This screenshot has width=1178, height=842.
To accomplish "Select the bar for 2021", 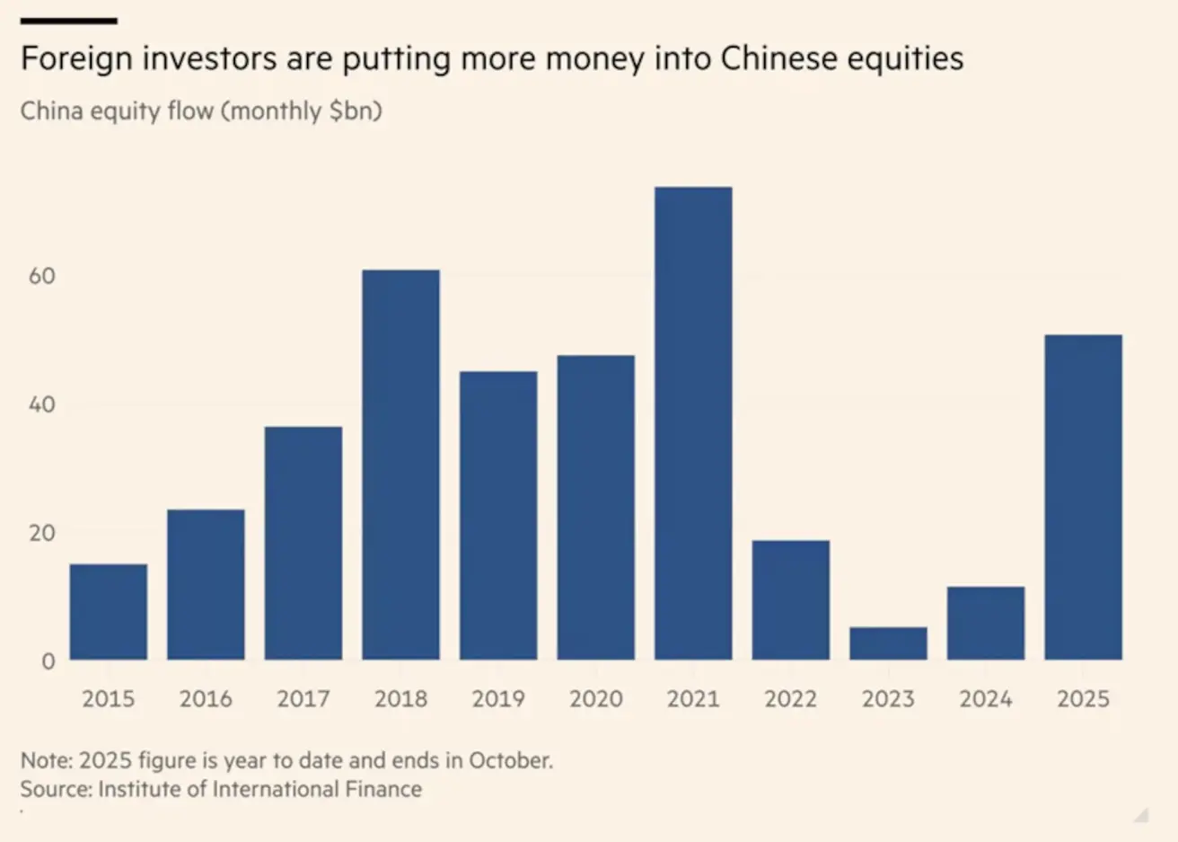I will pyautogui.click(x=693, y=423).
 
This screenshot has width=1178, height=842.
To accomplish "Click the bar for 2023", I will pyautogui.click(x=888, y=643).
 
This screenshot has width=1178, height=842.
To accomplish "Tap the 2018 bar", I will pyautogui.click(x=400, y=465).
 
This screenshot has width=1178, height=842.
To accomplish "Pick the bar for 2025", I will pyautogui.click(x=1083, y=497).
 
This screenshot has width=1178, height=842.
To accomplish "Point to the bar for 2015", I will pyautogui.click(x=109, y=612).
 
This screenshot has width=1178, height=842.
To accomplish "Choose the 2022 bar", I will pyautogui.click(x=790, y=600).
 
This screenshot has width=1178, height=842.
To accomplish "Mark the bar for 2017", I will pyautogui.click(x=303, y=543).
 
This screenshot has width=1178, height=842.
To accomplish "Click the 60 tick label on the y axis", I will pyautogui.click(x=42, y=276).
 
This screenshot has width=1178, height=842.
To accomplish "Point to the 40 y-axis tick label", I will pyautogui.click(x=42, y=404).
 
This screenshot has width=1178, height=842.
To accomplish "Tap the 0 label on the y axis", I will pyautogui.click(x=48, y=661).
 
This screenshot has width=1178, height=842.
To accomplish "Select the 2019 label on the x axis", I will pyautogui.click(x=498, y=699).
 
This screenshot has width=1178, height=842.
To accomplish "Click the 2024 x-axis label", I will pyautogui.click(x=985, y=699).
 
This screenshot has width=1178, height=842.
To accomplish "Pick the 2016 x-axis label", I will pyautogui.click(x=206, y=699).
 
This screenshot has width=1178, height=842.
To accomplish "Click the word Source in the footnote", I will pyautogui.click(x=55, y=789).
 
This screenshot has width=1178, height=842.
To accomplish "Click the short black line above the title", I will pyautogui.click(x=68, y=21).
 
